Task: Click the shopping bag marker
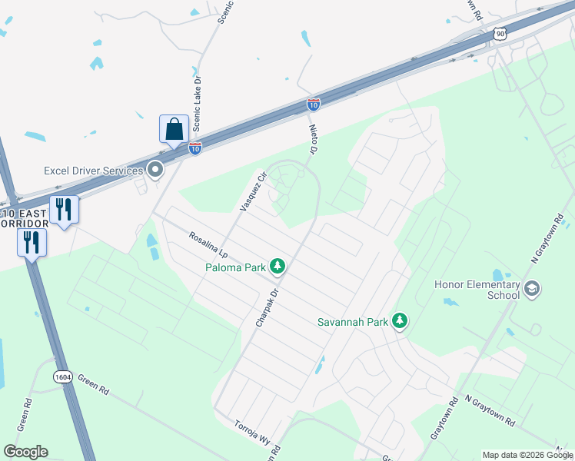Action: pos(174,128)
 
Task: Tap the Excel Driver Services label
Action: pos(94,170)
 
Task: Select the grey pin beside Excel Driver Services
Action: pos(155,170)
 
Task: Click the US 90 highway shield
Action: pos(500,34)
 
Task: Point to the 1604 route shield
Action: pos(64,376)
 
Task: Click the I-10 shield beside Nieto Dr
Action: pos(313,104)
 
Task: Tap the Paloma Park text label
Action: pos(235,267)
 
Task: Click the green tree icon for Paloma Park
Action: pos(278,267)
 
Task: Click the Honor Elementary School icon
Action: pos(531,289)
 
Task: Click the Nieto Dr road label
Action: pos(313,140)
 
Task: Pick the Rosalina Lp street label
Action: pos(208,242)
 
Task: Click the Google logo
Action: pos(25,452)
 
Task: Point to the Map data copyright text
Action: pos(527,455)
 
